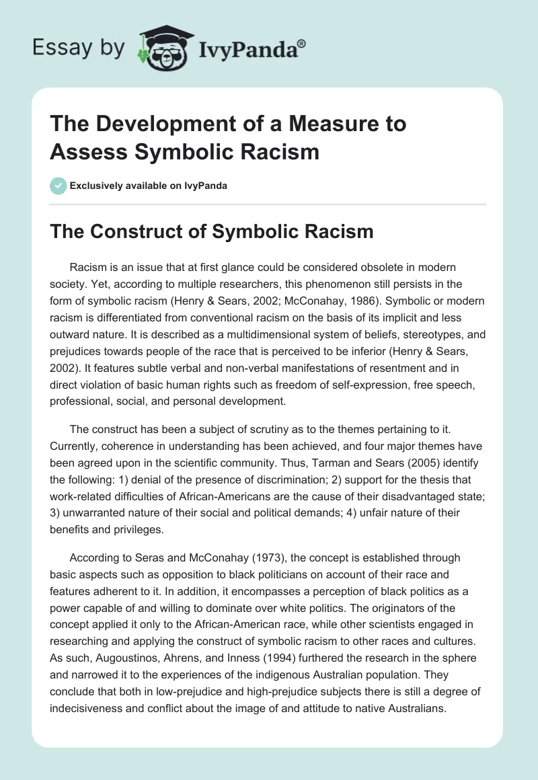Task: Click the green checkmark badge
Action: [58, 186]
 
